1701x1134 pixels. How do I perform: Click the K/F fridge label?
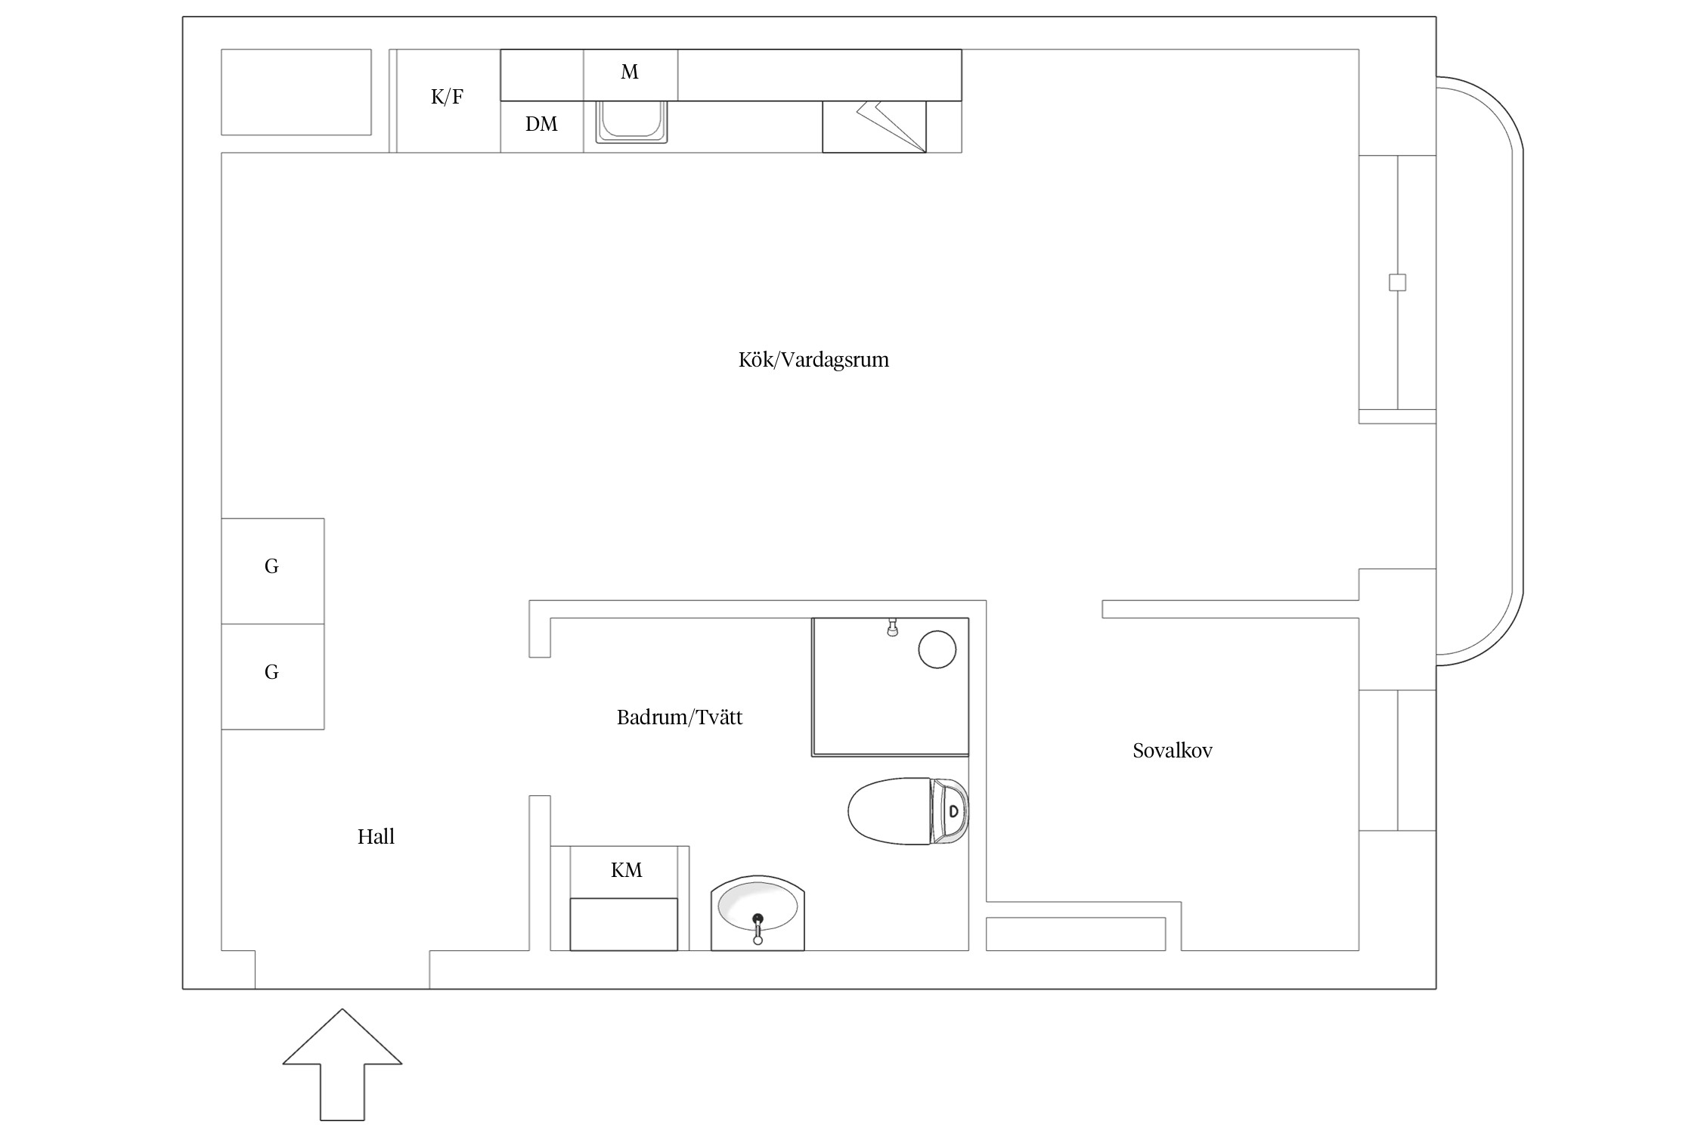pos(447,97)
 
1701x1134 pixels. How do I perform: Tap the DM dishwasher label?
pos(541,124)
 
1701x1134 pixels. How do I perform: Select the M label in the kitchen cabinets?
pos(630,72)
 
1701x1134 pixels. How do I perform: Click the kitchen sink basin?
pos(631,121)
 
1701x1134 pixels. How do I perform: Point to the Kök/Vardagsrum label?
pos(813,359)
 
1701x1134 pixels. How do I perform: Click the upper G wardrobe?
pos(273,571)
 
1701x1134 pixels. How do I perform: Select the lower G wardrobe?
pos(273,677)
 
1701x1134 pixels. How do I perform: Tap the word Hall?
pos(376,836)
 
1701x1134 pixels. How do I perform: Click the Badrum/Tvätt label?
pos(680,717)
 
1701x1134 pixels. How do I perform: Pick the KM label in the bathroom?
pos(627,870)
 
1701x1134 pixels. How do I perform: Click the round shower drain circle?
pos(937,649)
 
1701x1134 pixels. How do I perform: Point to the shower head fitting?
pos(893,627)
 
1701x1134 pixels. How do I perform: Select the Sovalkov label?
pos(1173,751)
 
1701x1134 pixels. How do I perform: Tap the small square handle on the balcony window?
pos(1398,283)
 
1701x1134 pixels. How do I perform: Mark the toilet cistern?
pos(950,810)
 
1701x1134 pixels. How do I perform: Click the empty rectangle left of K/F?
pos(296,92)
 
